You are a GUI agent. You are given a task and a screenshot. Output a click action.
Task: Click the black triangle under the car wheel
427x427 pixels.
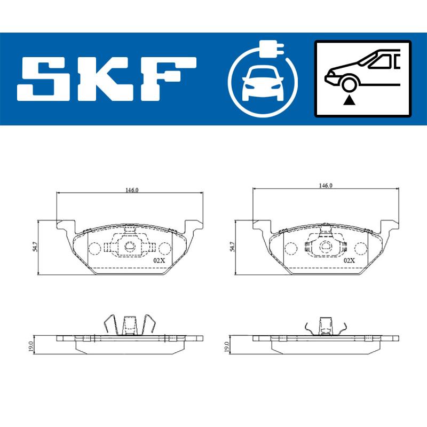349,99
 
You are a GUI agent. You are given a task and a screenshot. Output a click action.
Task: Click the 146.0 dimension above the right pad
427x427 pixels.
326,186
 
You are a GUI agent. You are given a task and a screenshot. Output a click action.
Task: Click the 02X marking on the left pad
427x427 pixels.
159,260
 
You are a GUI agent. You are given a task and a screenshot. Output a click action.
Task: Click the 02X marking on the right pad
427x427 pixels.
350,260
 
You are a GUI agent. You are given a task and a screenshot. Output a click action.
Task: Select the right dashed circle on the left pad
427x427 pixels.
165,248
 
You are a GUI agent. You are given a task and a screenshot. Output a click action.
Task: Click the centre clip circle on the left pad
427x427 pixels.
130,246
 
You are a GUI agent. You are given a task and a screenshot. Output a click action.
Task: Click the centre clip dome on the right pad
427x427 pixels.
326,247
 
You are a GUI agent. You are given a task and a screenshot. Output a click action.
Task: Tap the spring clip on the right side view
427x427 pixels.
325,327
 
